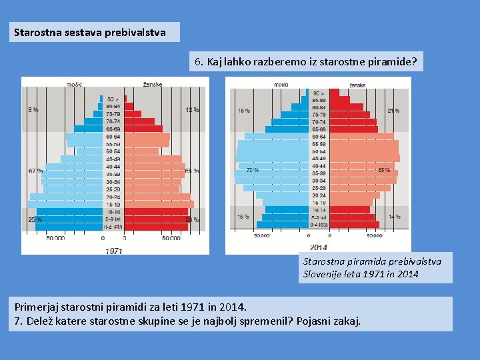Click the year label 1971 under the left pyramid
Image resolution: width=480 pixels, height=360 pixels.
[x=113, y=250]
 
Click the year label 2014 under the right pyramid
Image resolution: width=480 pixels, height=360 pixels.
[x=319, y=248]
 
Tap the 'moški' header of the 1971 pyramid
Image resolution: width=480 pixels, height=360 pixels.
[x=75, y=84]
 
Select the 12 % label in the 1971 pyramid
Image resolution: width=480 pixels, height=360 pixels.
[x=192, y=109]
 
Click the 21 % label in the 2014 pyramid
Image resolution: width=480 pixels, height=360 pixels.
[x=393, y=111]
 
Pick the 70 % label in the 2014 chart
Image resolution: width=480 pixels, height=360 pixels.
[x=253, y=170]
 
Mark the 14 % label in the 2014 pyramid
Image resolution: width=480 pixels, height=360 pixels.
[x=394, y=217]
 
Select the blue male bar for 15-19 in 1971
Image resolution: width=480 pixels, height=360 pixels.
[x=67, y=205]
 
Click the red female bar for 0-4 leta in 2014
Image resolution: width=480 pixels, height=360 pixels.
[x=351, y=225]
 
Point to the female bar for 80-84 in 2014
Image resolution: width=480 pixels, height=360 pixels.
[x=347, y=107]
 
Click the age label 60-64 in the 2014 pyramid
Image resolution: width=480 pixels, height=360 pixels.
[x=319, y=137]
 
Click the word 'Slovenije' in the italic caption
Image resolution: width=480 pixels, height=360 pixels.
[x=326, y=274]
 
